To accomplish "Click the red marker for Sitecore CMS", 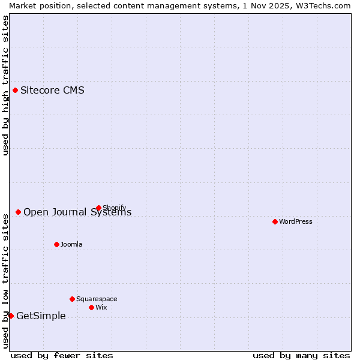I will [x=16, y=91].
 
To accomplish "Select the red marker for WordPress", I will [x=275, y=221].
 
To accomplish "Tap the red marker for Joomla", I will [x=57, y=244].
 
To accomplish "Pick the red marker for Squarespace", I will [x=73, y=299].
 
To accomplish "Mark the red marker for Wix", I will [x=92, y=307].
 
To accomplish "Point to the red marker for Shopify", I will [x=99, y=208].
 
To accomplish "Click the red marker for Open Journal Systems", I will [x=19, y=212].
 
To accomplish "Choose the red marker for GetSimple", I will [x=11, y=316].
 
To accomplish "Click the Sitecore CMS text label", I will [x=52, y=91].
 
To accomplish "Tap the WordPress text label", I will [x=296, y=221].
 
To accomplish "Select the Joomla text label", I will [x=71, y=244].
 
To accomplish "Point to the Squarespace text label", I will [x=97, y=299].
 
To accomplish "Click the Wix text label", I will [x=101, y=307].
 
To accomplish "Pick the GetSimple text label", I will [x=41, y=316].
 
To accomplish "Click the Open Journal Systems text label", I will [x=77, y=212].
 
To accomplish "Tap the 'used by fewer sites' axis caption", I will [x=62, y=355].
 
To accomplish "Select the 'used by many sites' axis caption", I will [x=301, y=355].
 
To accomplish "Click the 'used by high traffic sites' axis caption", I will [x=5, y=85].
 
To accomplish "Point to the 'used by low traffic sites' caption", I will [x=5, y=280].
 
